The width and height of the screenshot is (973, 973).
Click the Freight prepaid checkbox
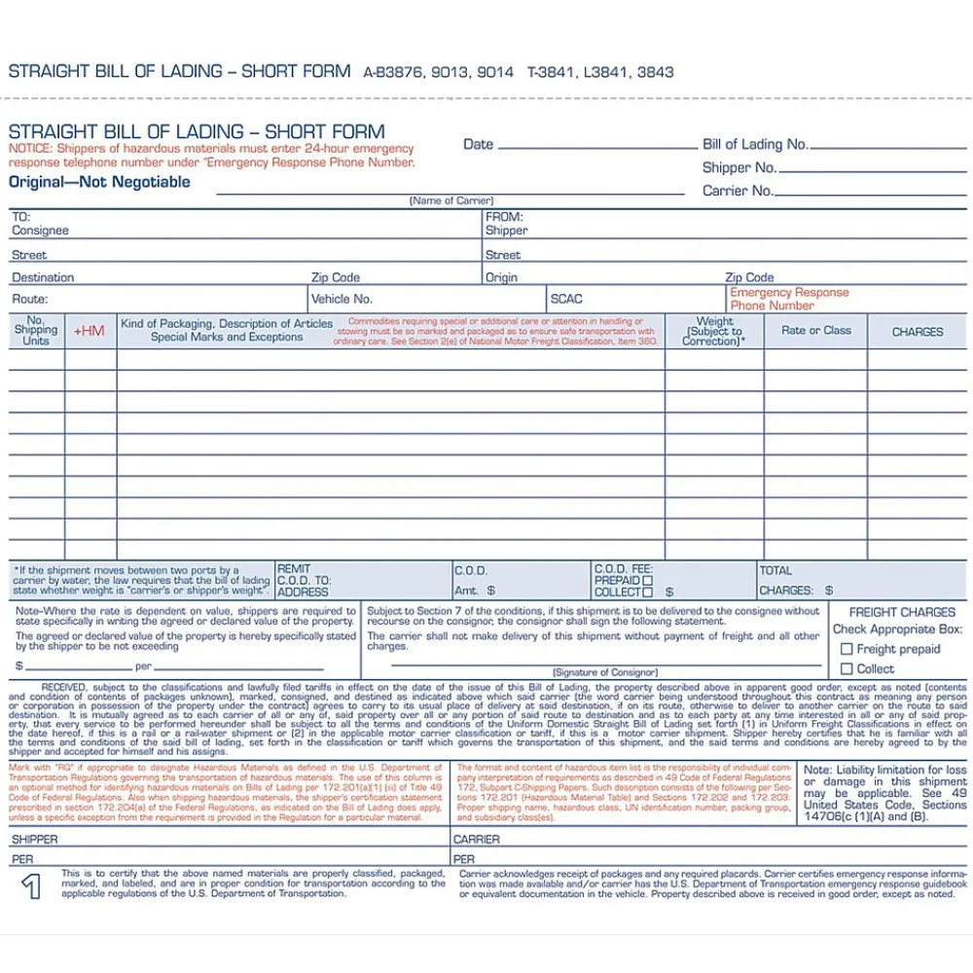click(847, 649)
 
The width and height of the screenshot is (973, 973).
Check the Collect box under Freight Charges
click(847, 668)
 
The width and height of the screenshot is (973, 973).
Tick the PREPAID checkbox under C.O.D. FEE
click(648, 580)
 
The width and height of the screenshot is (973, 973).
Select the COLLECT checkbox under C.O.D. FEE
click(648, 592)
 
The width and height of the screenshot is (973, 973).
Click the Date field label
click(478, 144)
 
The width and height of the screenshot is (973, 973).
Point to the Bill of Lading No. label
click(755, 144)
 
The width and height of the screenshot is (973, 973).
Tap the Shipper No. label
click(739, 167)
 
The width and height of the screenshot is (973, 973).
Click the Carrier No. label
click(739, 191)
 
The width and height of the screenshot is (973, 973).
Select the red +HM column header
click(89, 332)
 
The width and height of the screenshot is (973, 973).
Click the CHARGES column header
click(918, 332)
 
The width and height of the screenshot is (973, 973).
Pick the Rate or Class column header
click(816, 331)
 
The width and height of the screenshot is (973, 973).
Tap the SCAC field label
click(566, 299)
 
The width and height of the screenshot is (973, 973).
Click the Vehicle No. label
click(342, 299)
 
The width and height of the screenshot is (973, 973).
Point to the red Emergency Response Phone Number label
click(788, 299)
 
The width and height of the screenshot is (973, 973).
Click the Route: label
click(29, 299)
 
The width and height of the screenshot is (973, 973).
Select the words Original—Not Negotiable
click(99, 182)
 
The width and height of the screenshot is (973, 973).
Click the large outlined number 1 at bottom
click(32, 886)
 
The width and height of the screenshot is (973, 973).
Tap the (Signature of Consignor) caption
click(604, 672)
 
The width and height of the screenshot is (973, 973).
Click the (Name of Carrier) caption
click(450, 200)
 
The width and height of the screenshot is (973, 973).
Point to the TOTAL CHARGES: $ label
click(796, 581)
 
